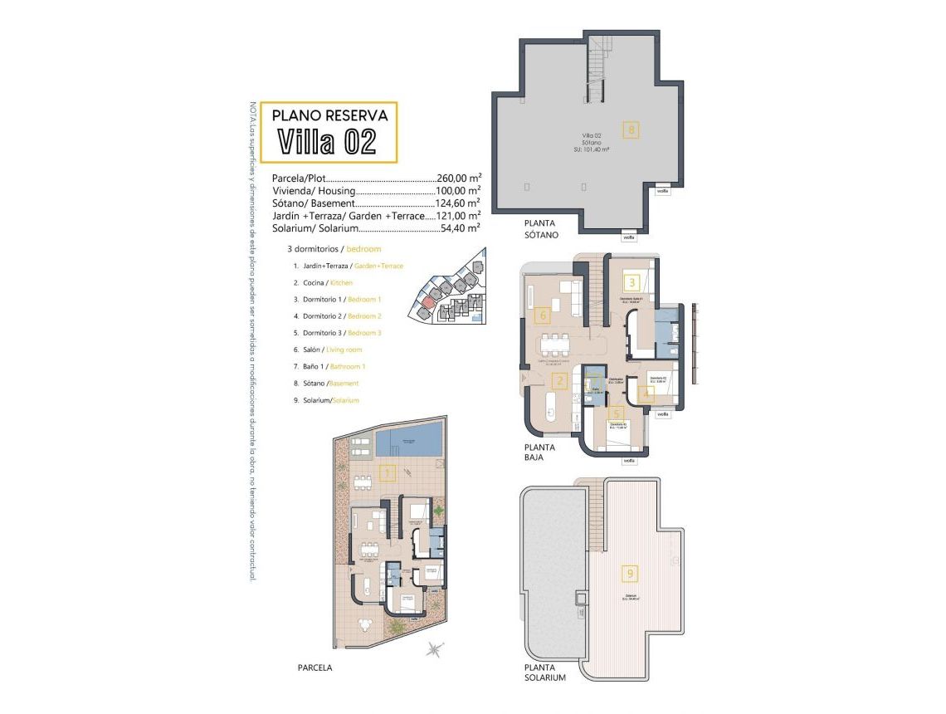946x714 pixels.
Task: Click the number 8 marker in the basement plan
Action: click(631, 130)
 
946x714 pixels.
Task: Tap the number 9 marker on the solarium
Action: click(631, 573)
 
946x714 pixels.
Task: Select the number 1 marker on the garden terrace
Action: click(386, 474)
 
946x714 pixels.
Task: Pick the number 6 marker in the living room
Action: click(543, 315)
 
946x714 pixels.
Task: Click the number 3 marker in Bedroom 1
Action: click(631, 282)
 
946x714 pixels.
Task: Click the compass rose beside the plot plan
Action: click(434, 649)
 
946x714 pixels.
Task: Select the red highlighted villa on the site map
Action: click(427, 301)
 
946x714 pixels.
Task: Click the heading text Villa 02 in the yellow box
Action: click(327, 141)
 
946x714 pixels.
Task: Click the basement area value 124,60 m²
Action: click(459, 203)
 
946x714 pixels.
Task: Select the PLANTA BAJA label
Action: click(539, 452)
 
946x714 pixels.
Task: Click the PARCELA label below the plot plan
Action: click(315, 667)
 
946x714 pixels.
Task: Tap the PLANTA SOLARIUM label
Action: click(544, 672)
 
